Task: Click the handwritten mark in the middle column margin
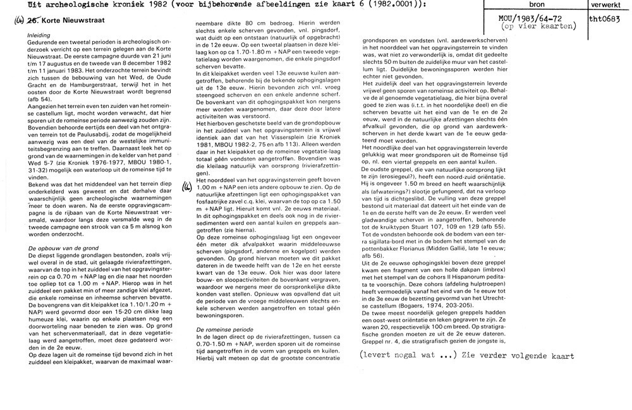[x=186, y=185]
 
